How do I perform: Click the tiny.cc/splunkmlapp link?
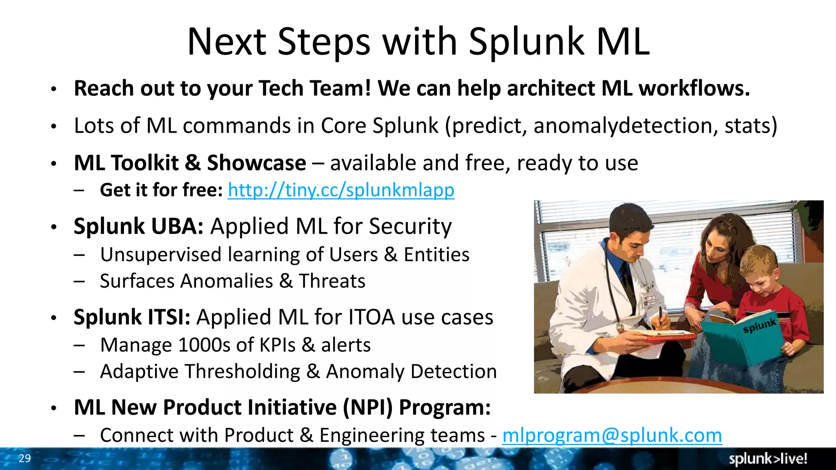click(x=341, y=190)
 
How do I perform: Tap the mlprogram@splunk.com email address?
click(x=612, y=435)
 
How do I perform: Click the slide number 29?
click(x=24, y=458)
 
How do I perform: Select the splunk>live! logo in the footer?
click(x=768, y=459)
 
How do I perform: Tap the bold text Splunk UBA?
click(x=138, y=226)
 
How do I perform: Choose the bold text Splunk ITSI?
click(x=132, y=317)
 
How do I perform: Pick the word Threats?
click(x=332, y=281)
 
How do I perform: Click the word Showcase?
click(x=256, y=163)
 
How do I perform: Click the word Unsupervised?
click(x=160, y=255)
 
